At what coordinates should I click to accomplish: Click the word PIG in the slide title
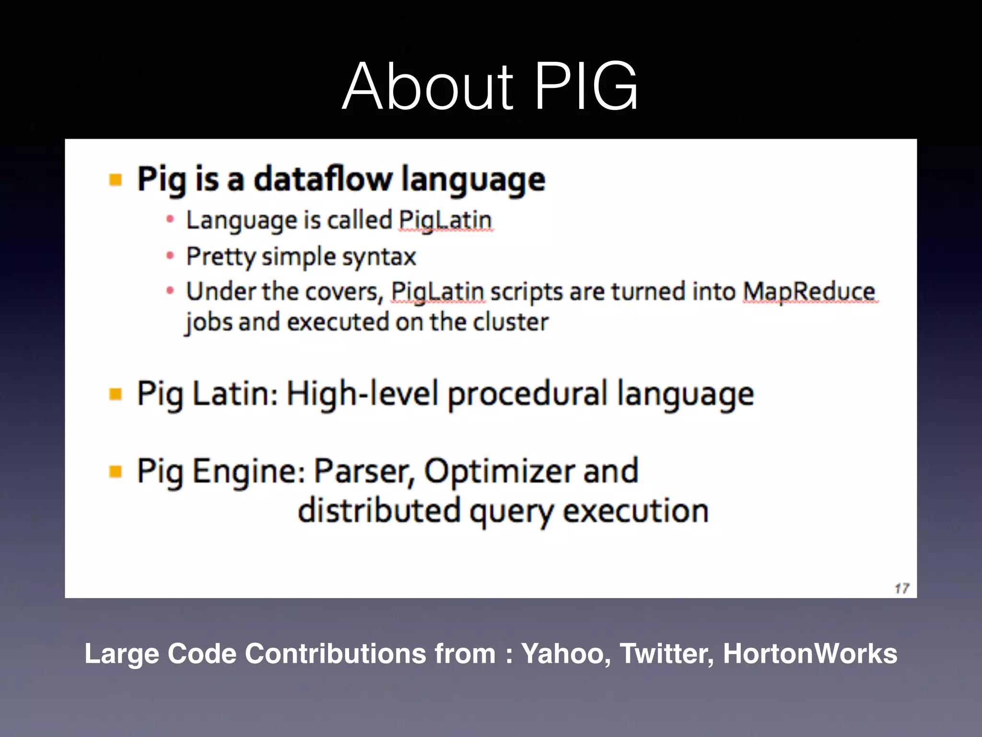(x=586, y=87)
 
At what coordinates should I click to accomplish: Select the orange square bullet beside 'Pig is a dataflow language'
(x=116, y=180)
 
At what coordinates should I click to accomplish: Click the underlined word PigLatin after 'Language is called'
(x=445, y=220)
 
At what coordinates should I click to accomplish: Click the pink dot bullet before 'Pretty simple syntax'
(x=170, y=256)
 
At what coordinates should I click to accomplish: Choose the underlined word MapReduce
(x=809, y=291)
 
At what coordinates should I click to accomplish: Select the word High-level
(x=362, y=394)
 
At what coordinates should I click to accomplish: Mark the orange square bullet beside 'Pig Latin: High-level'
(x=116, y=394)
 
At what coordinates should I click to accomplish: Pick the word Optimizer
(x=499, y=471)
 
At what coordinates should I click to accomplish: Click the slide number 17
(x=901, y=588)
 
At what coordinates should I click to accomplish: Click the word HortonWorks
(x=810, y=654)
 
